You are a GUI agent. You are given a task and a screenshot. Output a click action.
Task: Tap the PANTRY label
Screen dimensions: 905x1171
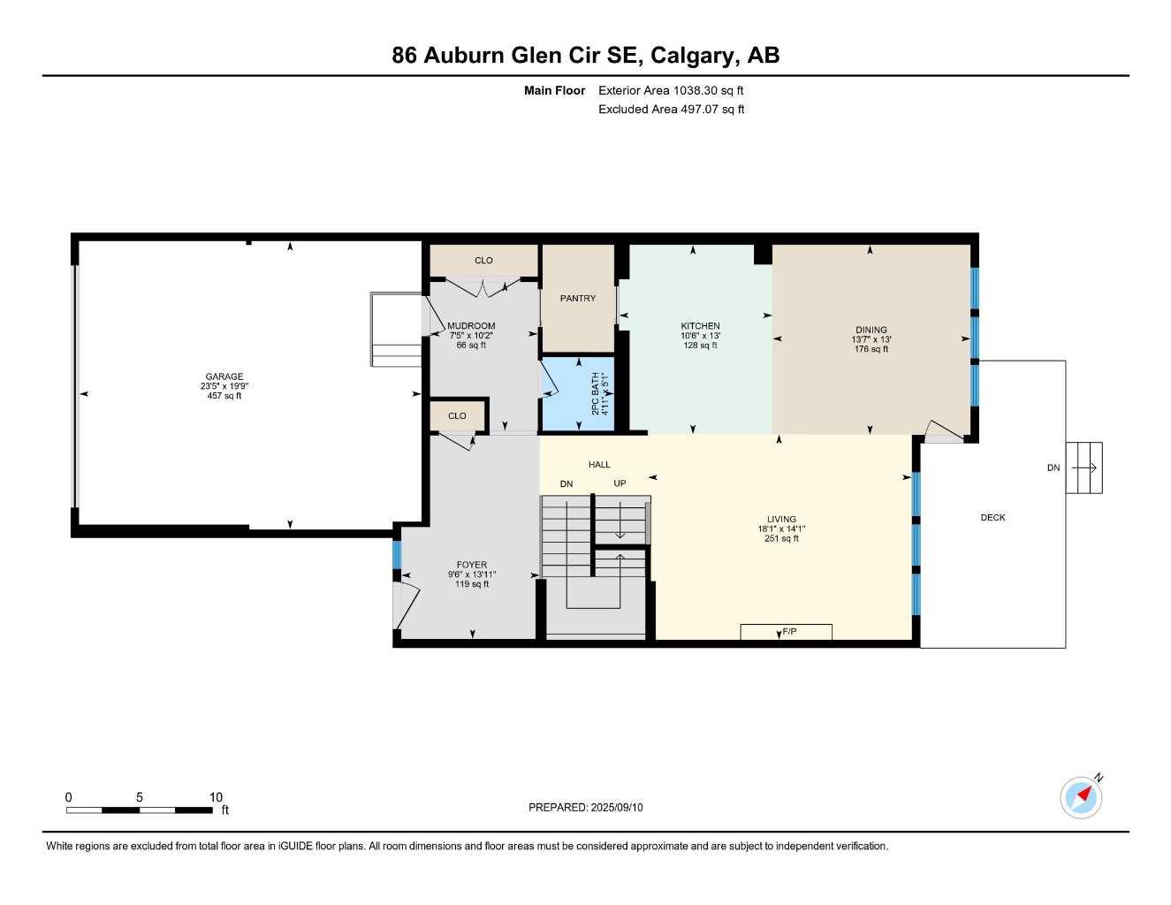click(x=578, y=299)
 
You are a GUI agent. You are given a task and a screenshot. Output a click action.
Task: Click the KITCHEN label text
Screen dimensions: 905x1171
click(x=700, y=326)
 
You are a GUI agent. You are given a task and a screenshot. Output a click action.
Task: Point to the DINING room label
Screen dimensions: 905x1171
click(x=871, y=331)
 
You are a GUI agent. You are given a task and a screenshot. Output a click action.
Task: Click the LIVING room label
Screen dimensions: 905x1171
click(x=781, y=520)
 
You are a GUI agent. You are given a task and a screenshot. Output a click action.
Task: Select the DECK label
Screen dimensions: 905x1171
click(x=992, y=518)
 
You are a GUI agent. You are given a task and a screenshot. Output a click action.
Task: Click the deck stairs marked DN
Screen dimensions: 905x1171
click(x=1084, y=468)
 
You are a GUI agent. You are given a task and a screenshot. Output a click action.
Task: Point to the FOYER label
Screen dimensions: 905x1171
click(x=472, y=566)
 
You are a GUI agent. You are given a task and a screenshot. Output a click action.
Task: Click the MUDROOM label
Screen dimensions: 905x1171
click(x=471, y=326)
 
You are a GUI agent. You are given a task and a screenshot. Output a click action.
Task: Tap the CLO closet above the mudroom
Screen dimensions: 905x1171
click(x=483, y=261)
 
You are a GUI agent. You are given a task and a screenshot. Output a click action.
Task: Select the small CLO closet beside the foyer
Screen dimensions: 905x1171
click(x=457, y=416)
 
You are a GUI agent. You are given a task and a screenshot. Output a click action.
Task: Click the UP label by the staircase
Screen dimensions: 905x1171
click(x=620, y=483)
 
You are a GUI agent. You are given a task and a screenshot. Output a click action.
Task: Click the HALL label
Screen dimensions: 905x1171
click(x=599, y=465)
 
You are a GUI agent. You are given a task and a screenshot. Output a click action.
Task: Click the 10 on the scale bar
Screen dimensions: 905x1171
click(x=216, y=797)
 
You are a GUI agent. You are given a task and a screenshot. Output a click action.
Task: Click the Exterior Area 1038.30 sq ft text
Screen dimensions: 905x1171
click(x=671, y=90)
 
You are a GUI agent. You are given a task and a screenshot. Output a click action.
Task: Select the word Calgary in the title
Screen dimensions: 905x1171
click(x=694, y=56)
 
